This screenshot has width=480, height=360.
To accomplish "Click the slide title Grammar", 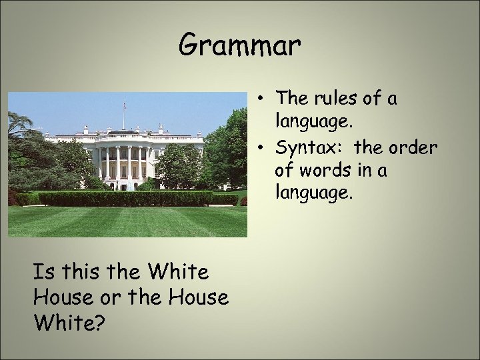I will tap(240, 45).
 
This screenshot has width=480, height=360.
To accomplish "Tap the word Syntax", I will tap(309, 147).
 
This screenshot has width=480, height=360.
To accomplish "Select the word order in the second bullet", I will tap(413, 147).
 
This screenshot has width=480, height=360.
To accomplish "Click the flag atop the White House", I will tap(125, 105).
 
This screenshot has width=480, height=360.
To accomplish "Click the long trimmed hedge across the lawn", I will tap(127, 198).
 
